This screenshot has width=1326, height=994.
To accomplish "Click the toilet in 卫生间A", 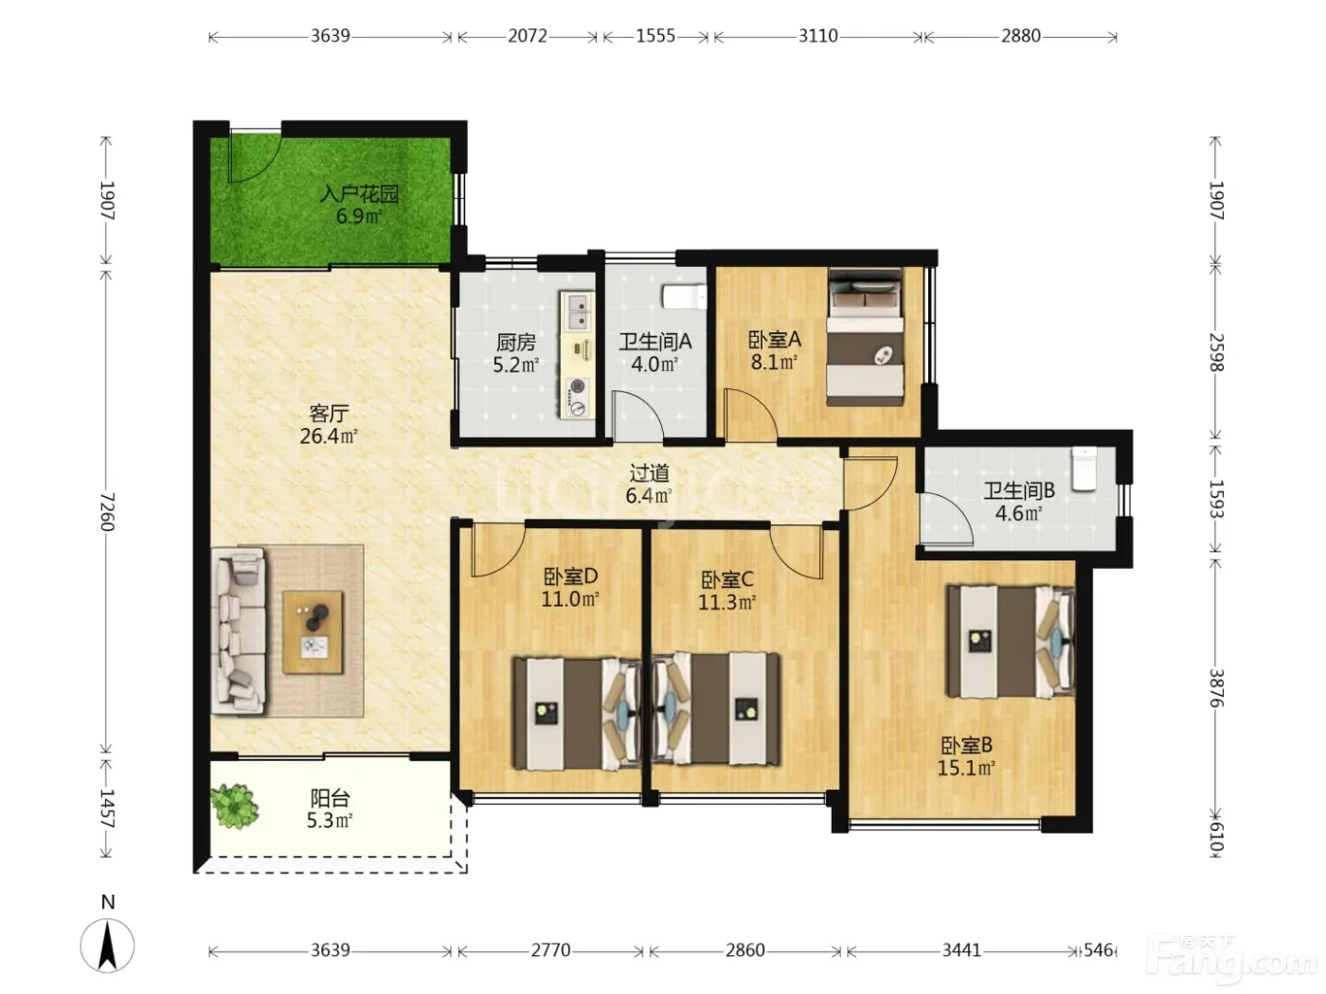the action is pyautogui.click(x=684, y=297).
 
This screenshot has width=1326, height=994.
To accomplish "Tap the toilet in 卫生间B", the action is pyautogui.click(x=1084, y=469).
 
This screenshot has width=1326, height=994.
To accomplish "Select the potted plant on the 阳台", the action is pyautogui.click(x=234, y=807).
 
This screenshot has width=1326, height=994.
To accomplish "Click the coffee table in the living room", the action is pyautogui.click(x=313, y=632).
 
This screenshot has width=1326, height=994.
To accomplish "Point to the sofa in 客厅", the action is pyautogui.click(x=239, y=631).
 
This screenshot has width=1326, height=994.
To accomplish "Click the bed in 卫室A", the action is pyautogui.click(x=865, y=337).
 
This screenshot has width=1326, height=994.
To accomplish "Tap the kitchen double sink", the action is pyautogui.click(x=579, y=311).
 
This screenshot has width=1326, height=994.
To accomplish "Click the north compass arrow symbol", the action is pyautogui.click(x=108, y=945).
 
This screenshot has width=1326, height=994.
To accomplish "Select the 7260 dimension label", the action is pyautogui.click(x=107, y=512).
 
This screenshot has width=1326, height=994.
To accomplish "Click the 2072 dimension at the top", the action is pyautogui.click(x=527, y=36).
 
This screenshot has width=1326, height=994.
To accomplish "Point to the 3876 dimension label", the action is pyautogui.click(x=1215, y=688).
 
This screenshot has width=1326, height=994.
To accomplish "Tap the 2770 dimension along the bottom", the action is pyautogui.click(x=550, y=950).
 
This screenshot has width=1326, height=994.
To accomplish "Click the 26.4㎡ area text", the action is pyautogui.click(x=329, y=435).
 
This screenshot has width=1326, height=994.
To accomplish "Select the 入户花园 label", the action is pyautogui.click(x=359, y=194).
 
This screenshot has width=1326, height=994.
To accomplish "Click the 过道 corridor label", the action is pyautogui.click(x=650, y=473).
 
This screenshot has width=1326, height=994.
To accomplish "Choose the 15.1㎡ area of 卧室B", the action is pyautogui.click(x=966, y=768).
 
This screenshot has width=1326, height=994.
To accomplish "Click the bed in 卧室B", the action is pyautogui.click(x=1011, y=642).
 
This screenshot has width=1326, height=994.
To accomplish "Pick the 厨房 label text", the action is pyautogui.click(x=516, y=342).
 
